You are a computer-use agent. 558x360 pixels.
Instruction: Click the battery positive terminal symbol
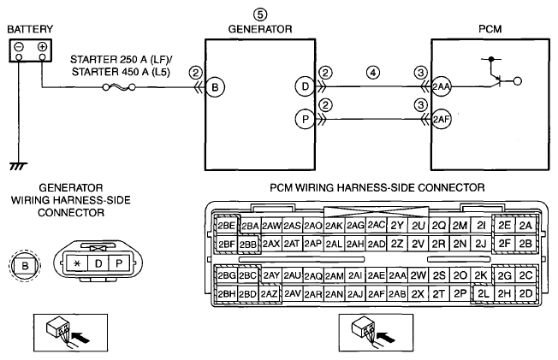[42, 46]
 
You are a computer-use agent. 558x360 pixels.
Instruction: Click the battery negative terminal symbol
[19, 46]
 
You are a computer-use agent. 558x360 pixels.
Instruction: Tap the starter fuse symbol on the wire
[119, 87]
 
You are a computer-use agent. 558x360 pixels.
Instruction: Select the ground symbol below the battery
[18, 166]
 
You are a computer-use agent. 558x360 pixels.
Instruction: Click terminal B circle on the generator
[215, 87]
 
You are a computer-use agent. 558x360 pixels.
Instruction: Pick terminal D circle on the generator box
[305, 86]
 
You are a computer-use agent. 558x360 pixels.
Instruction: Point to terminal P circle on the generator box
[305, 119]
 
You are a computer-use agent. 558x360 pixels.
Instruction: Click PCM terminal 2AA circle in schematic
[442, 86]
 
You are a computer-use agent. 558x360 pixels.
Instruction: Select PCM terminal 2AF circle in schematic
[442, 119]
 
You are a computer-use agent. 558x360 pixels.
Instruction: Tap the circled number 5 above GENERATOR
[260, 15]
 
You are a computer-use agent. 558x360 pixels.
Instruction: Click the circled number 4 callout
[373, 73]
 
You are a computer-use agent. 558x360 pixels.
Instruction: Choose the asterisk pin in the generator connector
[77, 263]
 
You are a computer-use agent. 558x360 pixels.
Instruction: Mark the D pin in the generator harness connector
[98, 263]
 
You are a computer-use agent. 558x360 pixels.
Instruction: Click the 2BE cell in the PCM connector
[227, 226]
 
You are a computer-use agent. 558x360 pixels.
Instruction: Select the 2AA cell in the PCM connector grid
[397, 275]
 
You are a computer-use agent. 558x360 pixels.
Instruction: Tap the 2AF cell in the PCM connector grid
[377, 293]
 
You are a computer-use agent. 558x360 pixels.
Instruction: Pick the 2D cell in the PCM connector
[525, 293]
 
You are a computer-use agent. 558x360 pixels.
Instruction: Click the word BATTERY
[30, 29]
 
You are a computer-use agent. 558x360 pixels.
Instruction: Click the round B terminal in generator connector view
[25, 265]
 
